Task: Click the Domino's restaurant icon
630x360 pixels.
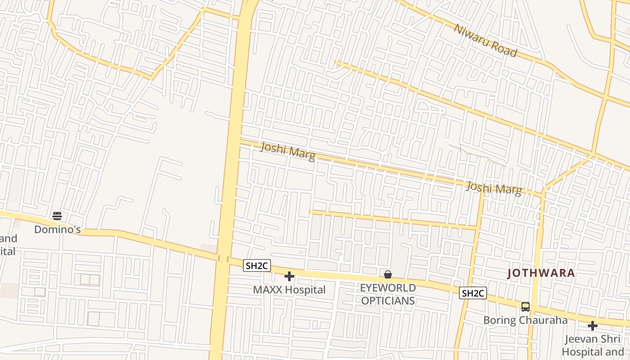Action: click(x=57, y=216)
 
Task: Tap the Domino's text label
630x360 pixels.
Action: click(x=57, y=229)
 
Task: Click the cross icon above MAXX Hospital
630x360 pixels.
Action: click(x=289, y=276)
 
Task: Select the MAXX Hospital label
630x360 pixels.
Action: click(x=289, y=290)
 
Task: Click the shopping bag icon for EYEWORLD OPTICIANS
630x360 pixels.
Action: click(x=388, y=274)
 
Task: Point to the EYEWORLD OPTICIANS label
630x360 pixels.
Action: click(x=388, y=294)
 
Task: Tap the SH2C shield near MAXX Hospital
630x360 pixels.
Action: click(x=257, y=266)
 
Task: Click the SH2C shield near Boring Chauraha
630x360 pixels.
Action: click(x=473, y=293)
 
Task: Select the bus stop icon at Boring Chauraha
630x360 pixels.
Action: click(x=525, y=307)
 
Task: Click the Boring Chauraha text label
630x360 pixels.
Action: click(x=525, y=320)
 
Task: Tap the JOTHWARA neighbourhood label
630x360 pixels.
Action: click(x=541, y=273)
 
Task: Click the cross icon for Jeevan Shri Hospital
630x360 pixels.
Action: click(x=593, y=325)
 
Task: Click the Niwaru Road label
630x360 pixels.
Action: click(x=486, y=40)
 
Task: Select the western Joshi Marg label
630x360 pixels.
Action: click(x=288, y=151)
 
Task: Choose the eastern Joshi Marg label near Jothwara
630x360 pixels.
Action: click(x=494, y=188)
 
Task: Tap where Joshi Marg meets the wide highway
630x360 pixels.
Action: click(x=238, y=143)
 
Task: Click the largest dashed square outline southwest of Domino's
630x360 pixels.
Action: click(x=94, y=319)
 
